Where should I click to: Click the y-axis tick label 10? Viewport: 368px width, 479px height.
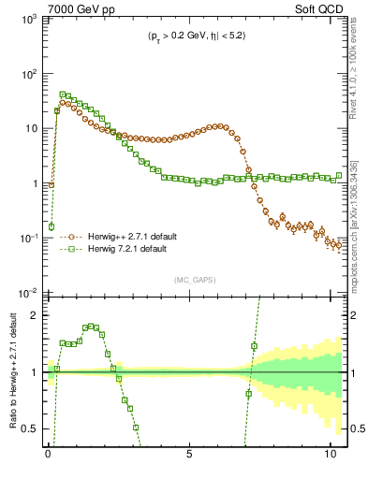[x=29, y=129]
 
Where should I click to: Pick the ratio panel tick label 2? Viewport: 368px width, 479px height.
[x=34, y=315]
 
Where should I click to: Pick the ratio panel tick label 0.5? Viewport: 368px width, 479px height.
[x=29, y=428]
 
